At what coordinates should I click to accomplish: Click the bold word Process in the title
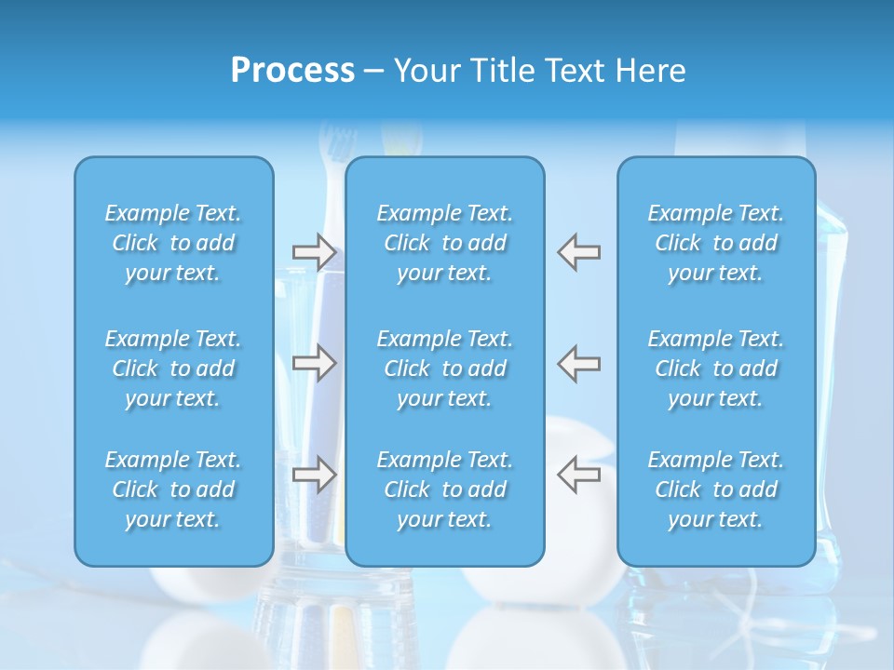coord(292,71)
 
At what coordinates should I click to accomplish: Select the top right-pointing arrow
coord(315,251)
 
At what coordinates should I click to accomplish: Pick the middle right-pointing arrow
coord(315,363)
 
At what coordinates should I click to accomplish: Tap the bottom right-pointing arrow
coord(315,475)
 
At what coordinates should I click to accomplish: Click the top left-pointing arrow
coord(578,251)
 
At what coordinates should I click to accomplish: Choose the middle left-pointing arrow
coord(578,363)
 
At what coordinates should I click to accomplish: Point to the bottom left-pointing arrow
coord(578,475)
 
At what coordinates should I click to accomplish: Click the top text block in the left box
coord(173,243)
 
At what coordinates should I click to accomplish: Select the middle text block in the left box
coord(173,368)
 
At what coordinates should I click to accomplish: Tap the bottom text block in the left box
coord(173,489)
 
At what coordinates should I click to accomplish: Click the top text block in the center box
coord(444,243)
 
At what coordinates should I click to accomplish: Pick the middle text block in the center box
coord(444,368)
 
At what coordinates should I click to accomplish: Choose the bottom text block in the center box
coord(444,489)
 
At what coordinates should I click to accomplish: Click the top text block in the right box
coord(715,243)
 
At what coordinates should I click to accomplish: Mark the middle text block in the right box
coord(715,368)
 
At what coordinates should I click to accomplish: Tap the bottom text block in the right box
coord(715,489)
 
